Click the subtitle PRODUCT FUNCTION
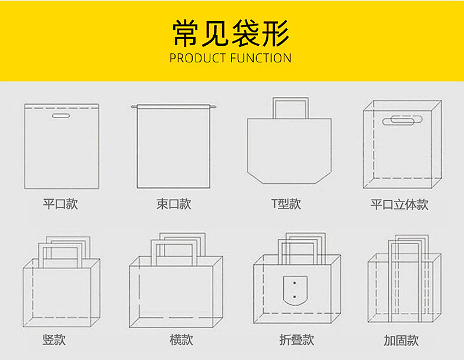pyautogui.click(x=230, y=58)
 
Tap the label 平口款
pyautogui.click(x=60, y=204)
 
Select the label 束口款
pyautogui.click(x=173, y=204)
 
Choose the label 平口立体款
pyautogui.click(x=399, y=204)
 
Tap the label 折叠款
pyautogui.click(x=297, y=339)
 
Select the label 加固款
pyautogui.click(x=401, y=340)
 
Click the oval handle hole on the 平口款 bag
pyautogui.click(x=60, y=117)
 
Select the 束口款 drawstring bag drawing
pyautogui.click(x=174, y=147)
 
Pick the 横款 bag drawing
pyautogui.click(x=176, y=288)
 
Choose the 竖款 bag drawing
pyautogui.click(x=60, y=288)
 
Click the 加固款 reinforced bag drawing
pyautogui.click(x=404, y=288)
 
